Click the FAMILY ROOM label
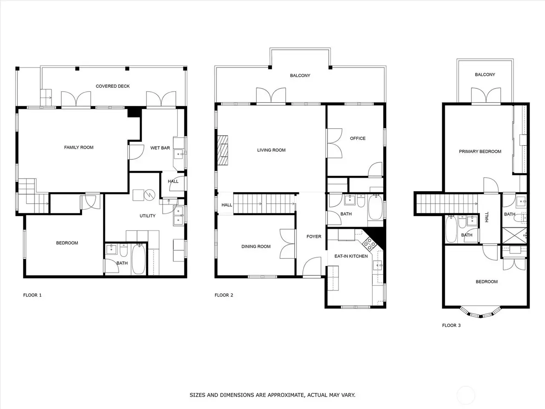coord(79,147)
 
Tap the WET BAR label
coord(160,148)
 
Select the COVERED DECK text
coord(113,86)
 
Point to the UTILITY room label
coord(147,216)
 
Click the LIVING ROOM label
coord(271,150)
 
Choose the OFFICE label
coord(358,138)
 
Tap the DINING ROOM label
coord(256,246)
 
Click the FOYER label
coord(314,236)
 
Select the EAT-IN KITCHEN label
coord(351,256)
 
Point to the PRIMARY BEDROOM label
coord(480,152)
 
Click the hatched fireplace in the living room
coord(222,150)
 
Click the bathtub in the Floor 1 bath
coord(138,259)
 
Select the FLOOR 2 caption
coord(224,295)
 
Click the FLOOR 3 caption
coord(451,325)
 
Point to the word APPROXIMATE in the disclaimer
coord(287,395)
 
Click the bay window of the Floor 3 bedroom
coord(480,312)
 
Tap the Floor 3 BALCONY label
coord(485,75)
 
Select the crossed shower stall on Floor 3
coord(514,236)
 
